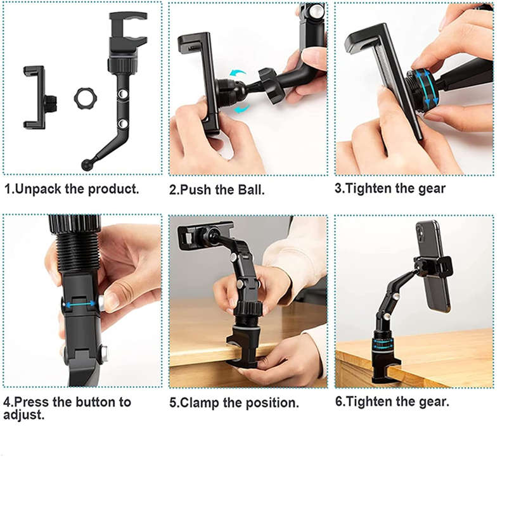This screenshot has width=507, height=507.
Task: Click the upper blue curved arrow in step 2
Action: pyautogui.click(x=238, y=74)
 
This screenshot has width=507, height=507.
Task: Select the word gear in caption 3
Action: pyautogui.click(x=432, y=189)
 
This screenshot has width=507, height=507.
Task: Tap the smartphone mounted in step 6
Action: pyautogui.click(x=434, y=266)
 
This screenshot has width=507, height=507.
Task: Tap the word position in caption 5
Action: pyautogui.click(x=271, y=403)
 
